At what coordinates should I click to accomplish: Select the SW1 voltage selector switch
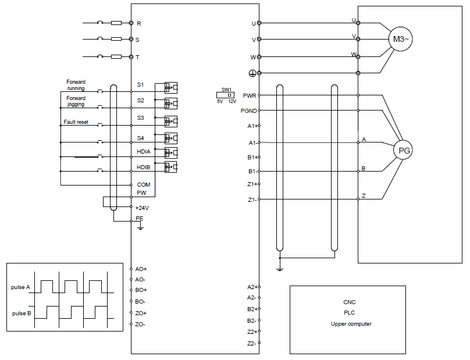(226, 95)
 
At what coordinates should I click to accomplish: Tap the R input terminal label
(139, 24)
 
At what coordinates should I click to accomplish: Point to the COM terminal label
(144, 184)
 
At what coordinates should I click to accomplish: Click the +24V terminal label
(142, 208)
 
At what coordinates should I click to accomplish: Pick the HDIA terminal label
(144, 152)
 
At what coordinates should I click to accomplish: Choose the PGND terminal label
(248, 111)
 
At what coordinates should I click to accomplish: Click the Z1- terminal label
(252, 199)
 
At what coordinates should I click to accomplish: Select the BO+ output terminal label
(141, 290)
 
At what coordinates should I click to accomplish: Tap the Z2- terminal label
(251, 344)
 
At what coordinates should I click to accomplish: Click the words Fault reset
(76, 122)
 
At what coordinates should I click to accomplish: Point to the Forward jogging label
(76, 101)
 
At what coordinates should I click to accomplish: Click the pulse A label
(20, 287)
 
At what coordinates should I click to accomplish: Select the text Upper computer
(351, 324)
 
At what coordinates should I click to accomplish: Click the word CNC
(350, 302)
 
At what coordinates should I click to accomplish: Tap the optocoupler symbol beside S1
(171, 88)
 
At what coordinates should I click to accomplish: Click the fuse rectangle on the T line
(116, 56)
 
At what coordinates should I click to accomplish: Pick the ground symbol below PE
(140, 227)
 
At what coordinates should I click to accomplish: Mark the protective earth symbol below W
(252, 73)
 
